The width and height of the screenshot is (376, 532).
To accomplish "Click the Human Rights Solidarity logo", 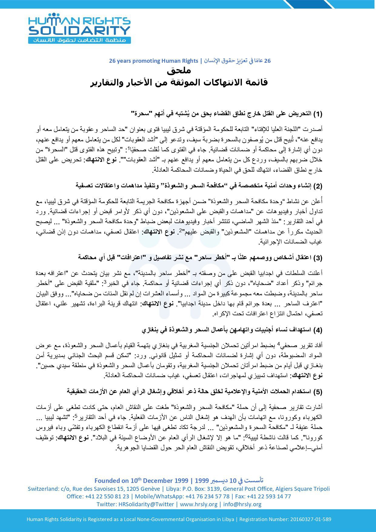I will (79, 28).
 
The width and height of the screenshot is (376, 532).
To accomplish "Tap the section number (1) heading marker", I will (317, 114).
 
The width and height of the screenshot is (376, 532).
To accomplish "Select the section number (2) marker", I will (317, 186).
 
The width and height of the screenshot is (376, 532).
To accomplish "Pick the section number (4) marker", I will (317, 330).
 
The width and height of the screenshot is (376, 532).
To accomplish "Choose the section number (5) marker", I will (317, 392).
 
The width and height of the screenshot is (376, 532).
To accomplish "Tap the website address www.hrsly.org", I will (198, 504).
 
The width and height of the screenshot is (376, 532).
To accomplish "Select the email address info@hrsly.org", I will (242, 504).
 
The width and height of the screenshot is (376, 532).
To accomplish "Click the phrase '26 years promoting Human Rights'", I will (153, 61).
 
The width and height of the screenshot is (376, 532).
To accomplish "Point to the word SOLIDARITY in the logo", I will (79, 31).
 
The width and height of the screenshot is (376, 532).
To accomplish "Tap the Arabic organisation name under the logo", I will (79, 40).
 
